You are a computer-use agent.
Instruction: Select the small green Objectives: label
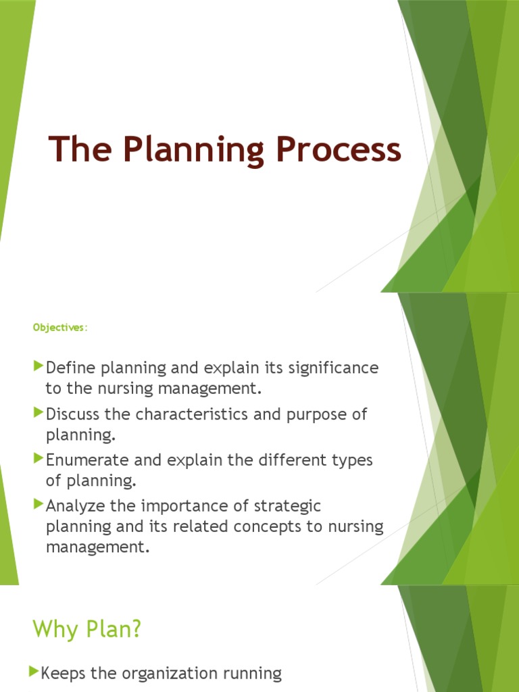pyautogui.click(x=61, y=328)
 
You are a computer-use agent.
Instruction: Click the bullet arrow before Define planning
pyautogui.click(x=37, y=367)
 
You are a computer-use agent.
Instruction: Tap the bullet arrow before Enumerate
pyautogui.click(x=37, y=459)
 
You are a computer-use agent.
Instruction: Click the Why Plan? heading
pyautogui.click(x=87, y=629)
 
